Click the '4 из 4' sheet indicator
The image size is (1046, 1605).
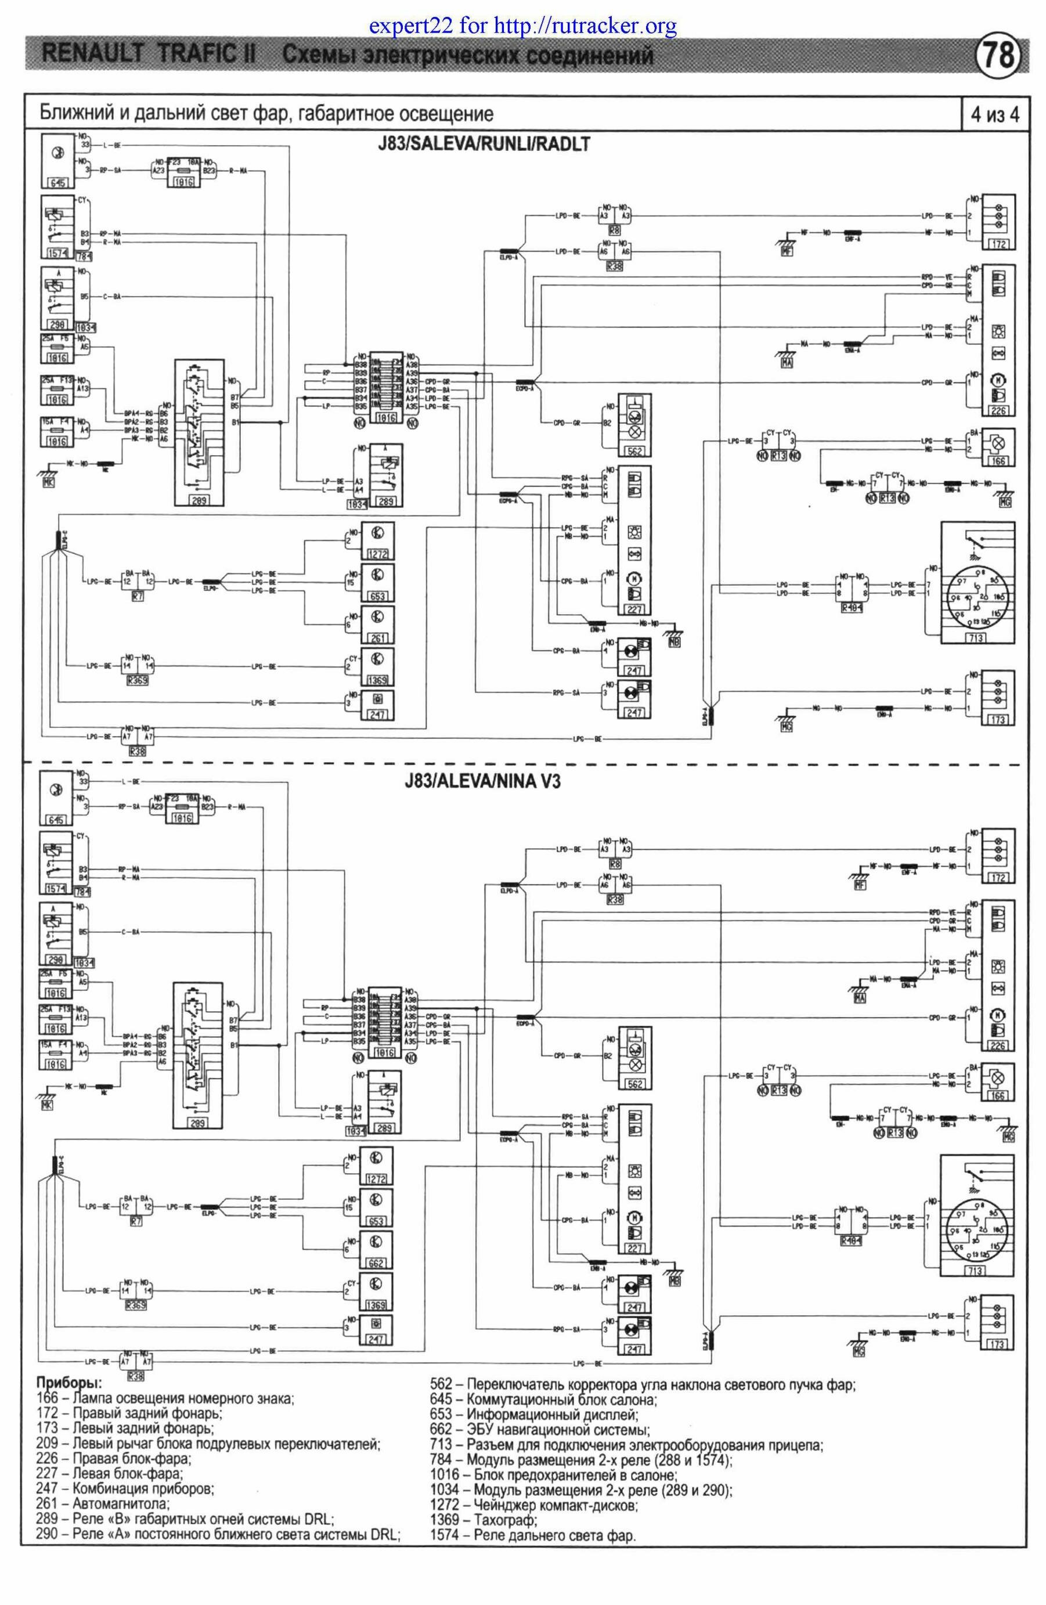994,115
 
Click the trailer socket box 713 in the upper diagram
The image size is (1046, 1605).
975,638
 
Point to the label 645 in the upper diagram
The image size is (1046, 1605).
57,183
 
